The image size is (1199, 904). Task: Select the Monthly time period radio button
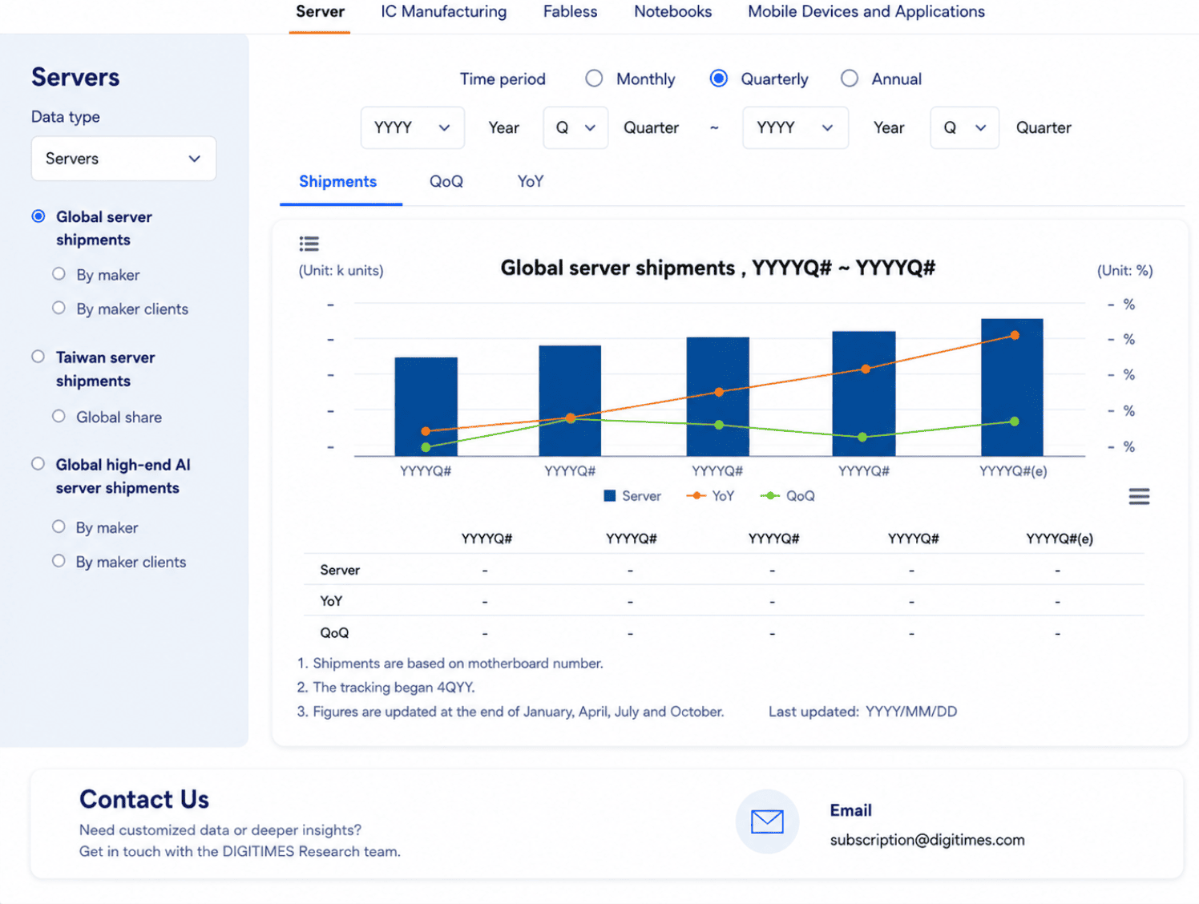click(x=594, y=79)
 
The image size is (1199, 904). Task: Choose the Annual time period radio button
click(x=849, y=79)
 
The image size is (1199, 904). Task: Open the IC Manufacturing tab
click(x=443, y=11)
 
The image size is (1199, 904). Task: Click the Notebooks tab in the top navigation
click(x=672, y=11)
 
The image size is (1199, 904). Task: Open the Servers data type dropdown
click(x=124, y=159)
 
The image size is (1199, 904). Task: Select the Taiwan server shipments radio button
click(x=38, y=357)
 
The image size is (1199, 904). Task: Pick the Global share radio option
click(x=59, y=416)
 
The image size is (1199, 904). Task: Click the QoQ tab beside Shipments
click(x=446, y=181)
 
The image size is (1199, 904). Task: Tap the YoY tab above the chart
click(x=531, y=181)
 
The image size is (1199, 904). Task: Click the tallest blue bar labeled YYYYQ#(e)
click(x=1011, y=387)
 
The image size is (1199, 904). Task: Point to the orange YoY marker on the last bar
click(x=1015, y=335)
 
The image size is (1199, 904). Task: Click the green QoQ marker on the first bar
click(x=426, y=447)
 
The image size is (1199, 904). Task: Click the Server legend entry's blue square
click(x=610, y=496)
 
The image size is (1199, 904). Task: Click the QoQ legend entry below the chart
click(x=788, y=496)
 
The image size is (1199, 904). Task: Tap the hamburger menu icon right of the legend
click(x=1139, y=497)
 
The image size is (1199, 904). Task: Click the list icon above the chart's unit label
click(x=309, y=244)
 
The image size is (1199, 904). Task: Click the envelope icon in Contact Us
click(x=767, y=821)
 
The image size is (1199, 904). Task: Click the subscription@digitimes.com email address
click(x=927, y=840)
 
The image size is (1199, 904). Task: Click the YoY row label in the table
click(x=331, y=601)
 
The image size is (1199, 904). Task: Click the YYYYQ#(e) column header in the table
click(x=1060, y=539)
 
